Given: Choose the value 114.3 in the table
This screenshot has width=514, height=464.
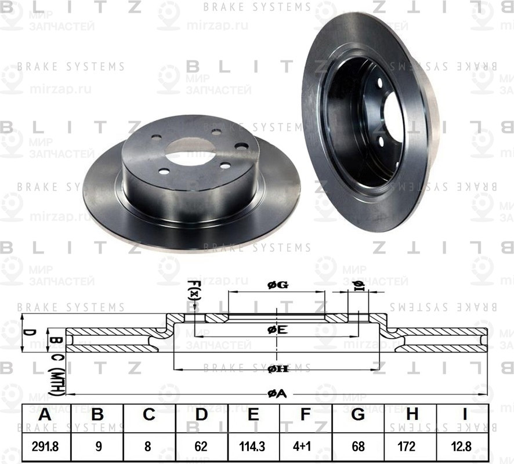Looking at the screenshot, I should point(253,447).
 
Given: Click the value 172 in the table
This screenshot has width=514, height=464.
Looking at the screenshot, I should point(412,447).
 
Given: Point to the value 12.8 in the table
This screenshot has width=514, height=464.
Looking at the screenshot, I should point(464,447).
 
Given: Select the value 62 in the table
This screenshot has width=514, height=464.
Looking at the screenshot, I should point(201,447).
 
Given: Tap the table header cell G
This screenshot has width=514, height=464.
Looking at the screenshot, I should point(358,415).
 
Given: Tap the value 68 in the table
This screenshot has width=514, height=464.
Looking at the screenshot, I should point(358,447).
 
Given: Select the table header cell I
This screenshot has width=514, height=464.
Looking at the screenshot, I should point(464,415).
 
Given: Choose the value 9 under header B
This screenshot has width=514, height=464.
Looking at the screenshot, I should point(97,447).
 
